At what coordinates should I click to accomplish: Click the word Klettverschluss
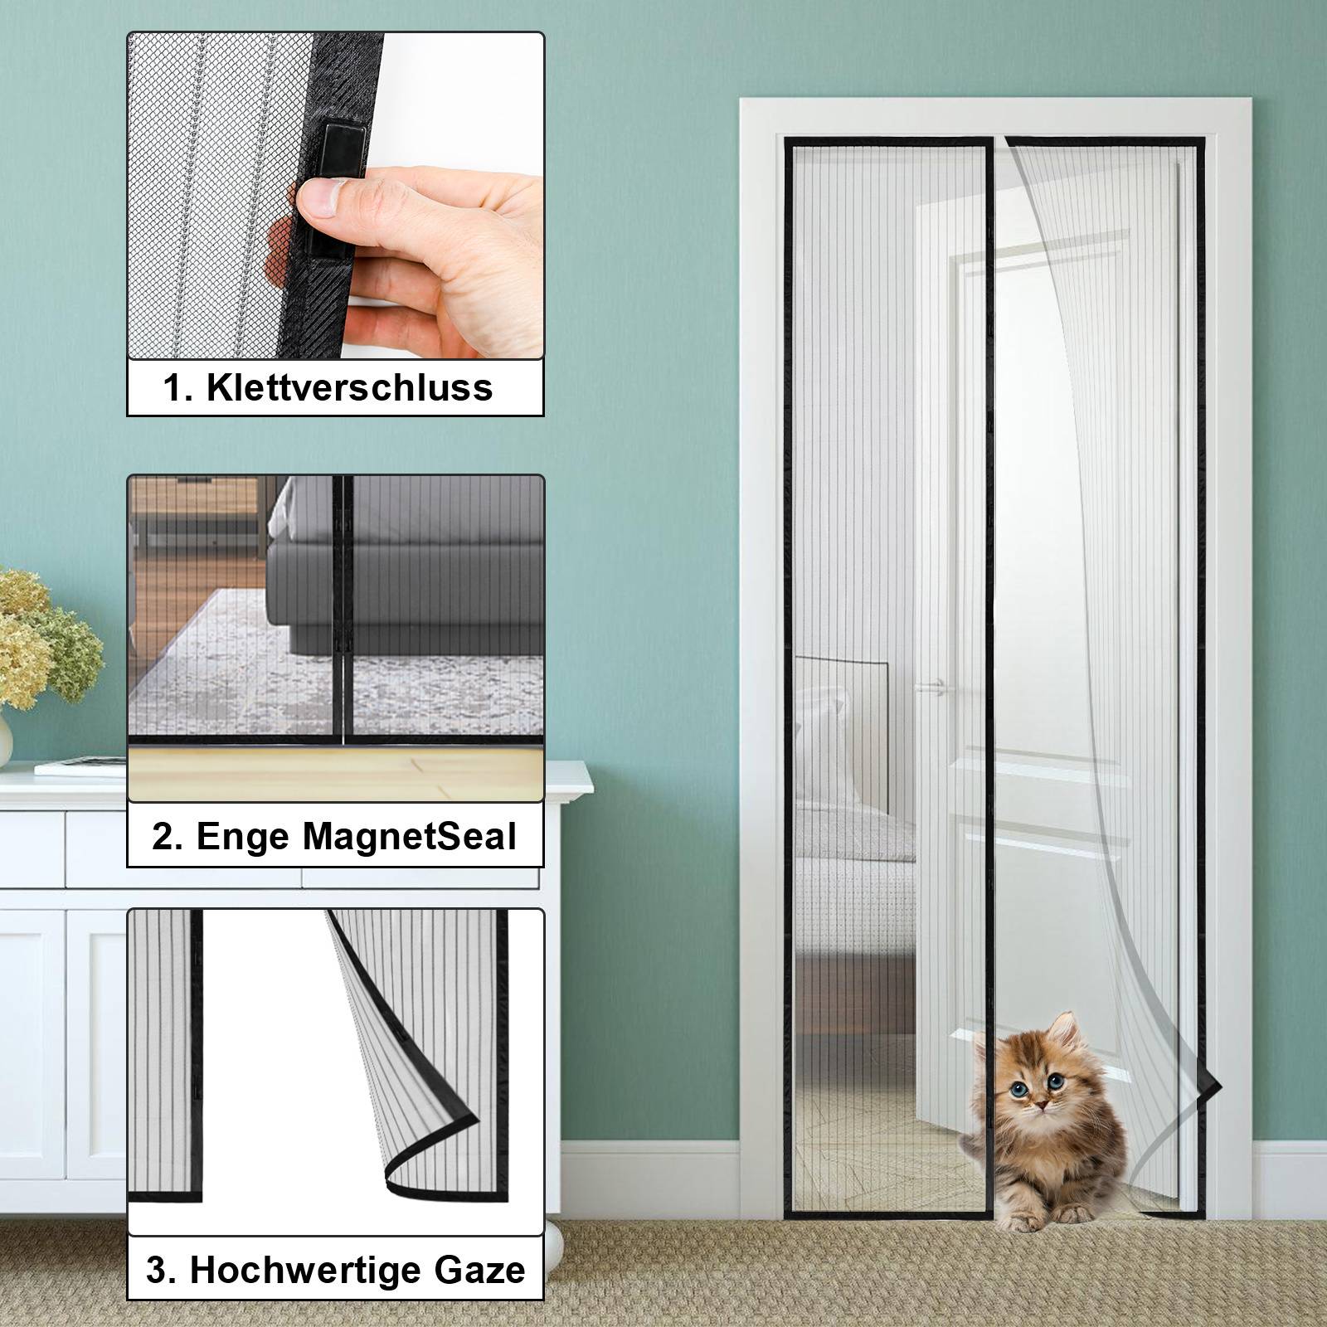coord(349,387)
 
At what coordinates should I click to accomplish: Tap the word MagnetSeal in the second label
coord(409,837)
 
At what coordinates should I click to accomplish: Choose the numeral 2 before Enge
coord(164,838)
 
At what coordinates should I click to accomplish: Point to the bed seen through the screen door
coord(854,829)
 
